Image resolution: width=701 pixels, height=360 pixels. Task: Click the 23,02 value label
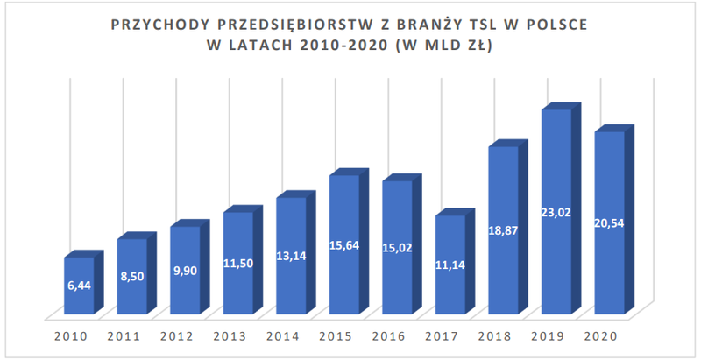(x=556, y=213)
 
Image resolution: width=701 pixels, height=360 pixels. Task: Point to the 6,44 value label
(x=80, y=285)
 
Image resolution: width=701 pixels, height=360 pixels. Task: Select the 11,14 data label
(x=450, y=265)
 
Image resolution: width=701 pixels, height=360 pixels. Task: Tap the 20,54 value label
(x=609, y=222)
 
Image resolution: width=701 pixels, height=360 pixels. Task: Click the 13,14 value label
(x=292, y=256)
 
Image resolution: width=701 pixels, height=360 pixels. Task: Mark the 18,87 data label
(x=503, y=231)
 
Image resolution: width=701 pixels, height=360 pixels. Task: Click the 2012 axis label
(x=177, y=336)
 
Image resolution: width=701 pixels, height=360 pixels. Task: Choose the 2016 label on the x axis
(x=388, y=336)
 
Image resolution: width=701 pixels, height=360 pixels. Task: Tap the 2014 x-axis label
(x=282, y=336)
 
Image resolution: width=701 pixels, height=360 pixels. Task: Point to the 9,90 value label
(x=186, y=271)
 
